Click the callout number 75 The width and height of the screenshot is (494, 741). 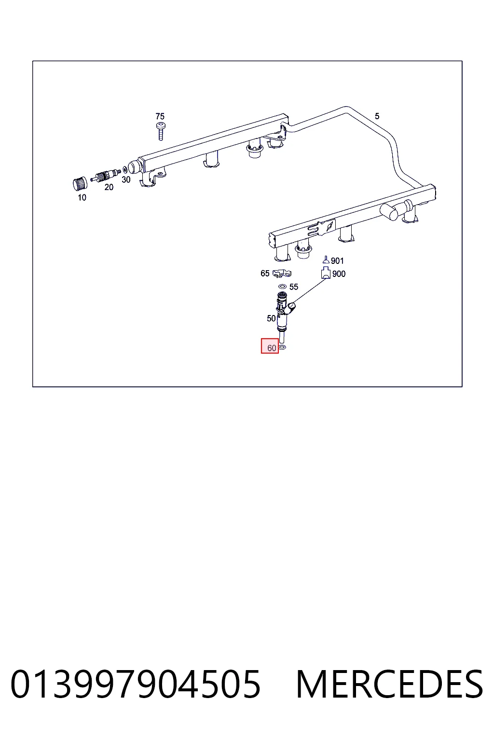click(x=160, y=116)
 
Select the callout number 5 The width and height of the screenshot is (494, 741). click(x=377, y=116)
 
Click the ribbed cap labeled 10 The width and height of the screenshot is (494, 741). click(x=80, y=184)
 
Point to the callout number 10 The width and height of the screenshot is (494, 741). click(x=82, y=197)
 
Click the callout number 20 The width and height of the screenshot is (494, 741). click(x=109, y=187)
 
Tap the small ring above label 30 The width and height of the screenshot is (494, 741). click(x=125, y=170)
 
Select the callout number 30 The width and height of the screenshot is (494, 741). click(x=126, y=179)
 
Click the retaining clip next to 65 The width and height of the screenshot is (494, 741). click(x=282, y=273)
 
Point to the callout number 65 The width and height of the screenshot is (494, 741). click(x=265, y=273)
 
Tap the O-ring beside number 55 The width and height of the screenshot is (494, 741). click(x=282, y=286)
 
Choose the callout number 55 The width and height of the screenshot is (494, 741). click(x=293, y=287)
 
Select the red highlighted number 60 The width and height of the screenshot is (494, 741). click(x=270, y=346)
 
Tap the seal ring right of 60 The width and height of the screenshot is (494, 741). click(x=282, y=347)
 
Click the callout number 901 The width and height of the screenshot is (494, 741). click(x=337, y=261)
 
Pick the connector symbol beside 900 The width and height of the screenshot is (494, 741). click(x=326, y=273)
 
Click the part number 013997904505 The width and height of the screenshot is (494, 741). click(x=136, y=684)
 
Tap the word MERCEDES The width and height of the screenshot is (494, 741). click(x=389, y=684)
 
